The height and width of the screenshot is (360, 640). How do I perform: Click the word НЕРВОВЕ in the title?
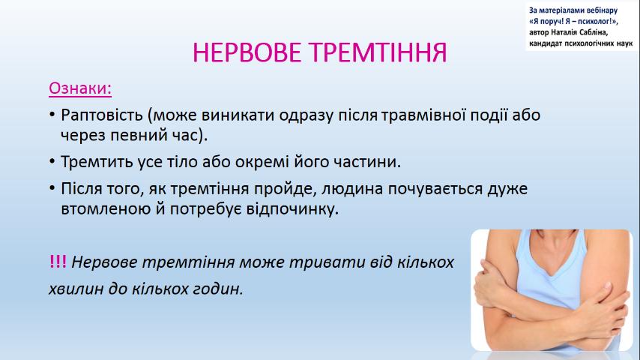coord(247,52)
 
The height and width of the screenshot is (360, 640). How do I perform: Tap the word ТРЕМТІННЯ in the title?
coord(378,52)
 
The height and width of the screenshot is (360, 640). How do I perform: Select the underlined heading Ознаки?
coord(80,88)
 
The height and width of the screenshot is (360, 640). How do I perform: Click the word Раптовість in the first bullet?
coord(102,115)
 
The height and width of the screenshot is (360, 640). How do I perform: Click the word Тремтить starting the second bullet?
coord(97,162)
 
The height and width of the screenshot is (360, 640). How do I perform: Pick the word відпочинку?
coord(292,208)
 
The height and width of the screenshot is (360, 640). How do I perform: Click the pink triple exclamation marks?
coord(58,262)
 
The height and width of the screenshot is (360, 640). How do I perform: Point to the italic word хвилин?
coord(76,289)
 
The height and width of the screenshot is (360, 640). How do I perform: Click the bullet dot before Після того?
coord(52,188)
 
